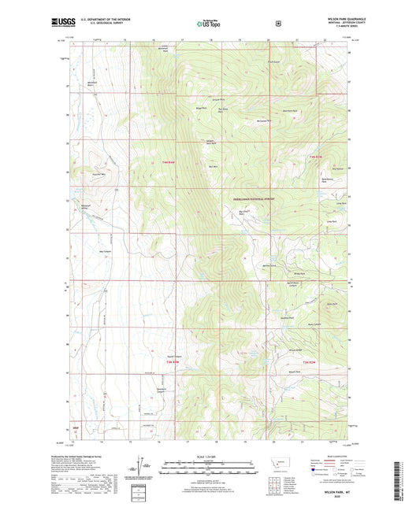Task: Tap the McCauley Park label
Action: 263,120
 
